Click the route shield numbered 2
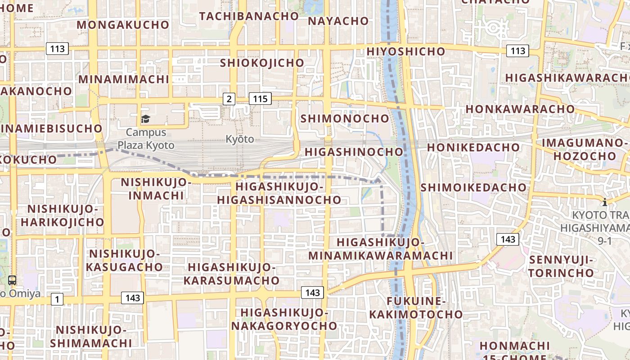coord(229,99)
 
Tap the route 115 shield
coord(260,99)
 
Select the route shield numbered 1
coord(57,299)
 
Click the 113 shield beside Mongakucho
coord(57,49)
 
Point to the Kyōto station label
coord(240,139)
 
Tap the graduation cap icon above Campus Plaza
coord(145,119)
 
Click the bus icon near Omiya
coord(12,280)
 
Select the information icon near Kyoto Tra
coord(605,202)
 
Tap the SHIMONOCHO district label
coord(345,118)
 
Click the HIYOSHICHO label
coord(405,51)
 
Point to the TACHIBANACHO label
coord(249,16)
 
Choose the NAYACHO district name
coord(338,21)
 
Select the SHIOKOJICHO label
coord(262,63)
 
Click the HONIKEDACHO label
coord(473,147)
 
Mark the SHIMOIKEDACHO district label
coord(473,187)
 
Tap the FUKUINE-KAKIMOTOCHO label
coord(416,307)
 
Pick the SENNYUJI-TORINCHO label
coord(561,266)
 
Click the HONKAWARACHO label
coord(520,109)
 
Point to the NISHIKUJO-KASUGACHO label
coord(124,260)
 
